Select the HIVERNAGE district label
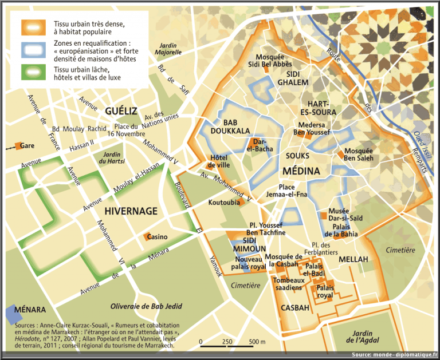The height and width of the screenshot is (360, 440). pos(131,211)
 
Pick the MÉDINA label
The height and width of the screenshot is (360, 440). pos(301,171)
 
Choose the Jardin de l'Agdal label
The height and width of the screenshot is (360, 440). pos(362,338)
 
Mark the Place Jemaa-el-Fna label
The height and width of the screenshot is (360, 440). pos(284,191)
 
